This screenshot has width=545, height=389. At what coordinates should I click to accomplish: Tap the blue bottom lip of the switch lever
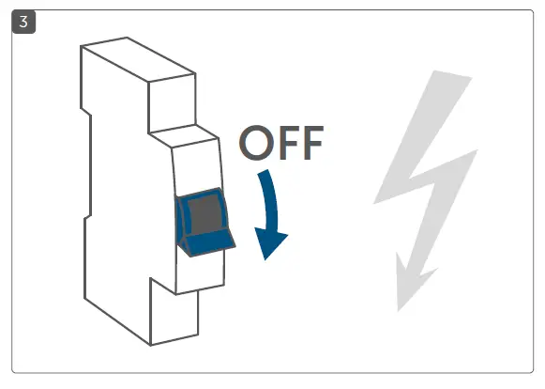point(208,246)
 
